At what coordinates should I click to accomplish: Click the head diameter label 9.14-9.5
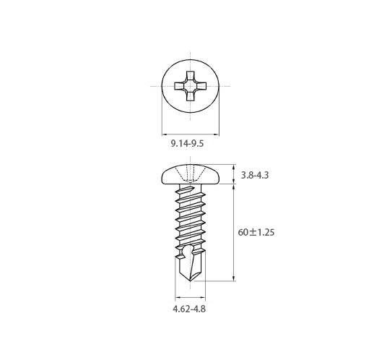tap(187, 144)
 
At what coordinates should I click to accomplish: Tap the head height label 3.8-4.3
tap(255, 175)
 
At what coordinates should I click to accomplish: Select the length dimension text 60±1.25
tap(256, 232)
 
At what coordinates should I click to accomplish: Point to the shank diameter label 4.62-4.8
tap(189, 309)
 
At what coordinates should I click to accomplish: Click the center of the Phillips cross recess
tap(191, 86)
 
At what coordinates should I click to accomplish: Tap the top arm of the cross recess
tap(191, 75)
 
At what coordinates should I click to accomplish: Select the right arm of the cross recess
tap(201, 86)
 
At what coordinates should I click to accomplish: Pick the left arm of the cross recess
tap(180, 86)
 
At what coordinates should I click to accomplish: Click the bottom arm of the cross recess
tap(191, 96)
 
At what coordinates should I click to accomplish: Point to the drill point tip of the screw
tap(191, 280)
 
